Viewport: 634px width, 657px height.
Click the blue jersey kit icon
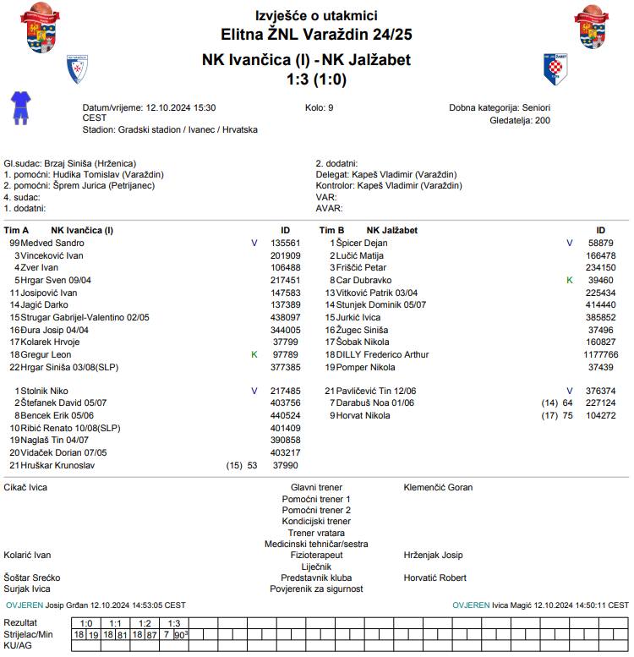pyautogui.click(x=19, y=108)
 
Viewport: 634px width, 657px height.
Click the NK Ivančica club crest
pyautogui.click(x=78, y=69)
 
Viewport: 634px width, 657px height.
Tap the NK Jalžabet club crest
pyautogui.click(x=555, y=68)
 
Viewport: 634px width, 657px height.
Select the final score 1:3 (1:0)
pyautogui.click(x=317, y=80)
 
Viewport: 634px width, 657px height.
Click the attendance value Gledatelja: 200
pyautogui.click(x=520, y=121)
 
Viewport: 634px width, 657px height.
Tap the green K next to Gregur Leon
pyautogui.click(x=254, y=355)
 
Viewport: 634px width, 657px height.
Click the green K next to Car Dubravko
pyautogui.click(x=569, y=280)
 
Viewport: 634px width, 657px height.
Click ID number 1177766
pyautogui.click(x=600, y=355)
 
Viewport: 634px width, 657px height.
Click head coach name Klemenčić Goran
pyautogui.click(x=438, y=487)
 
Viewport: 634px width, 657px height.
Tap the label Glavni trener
pyautogui.click(x=316, y=487)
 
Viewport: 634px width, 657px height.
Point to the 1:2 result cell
pyautogui.click(x=145, y=623)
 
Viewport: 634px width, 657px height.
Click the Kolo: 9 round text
pyautogui.click(x=319, y=108)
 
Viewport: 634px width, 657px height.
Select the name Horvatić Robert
pyautogui.click(x=435, y=578)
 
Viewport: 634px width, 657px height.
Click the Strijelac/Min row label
pyautogui.click(x=28, y=633)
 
